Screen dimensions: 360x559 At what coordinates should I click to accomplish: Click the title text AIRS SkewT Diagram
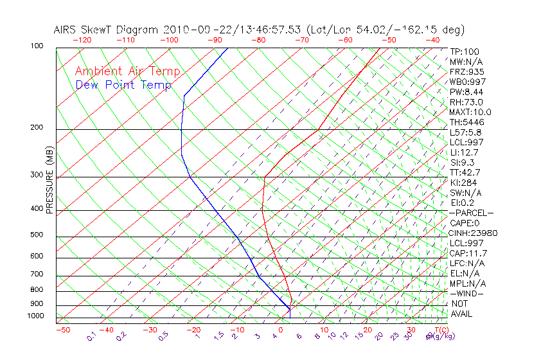click(x=106, y=30)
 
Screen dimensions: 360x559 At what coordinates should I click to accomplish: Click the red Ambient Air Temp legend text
click(x=127, y=71)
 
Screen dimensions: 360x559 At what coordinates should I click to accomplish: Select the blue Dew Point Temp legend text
click(x=123, y=85)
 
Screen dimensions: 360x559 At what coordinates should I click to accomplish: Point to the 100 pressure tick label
click(x=37, y=46)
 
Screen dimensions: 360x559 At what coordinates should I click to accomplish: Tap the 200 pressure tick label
click(x=37, y=128)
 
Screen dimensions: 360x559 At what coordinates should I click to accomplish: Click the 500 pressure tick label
click(x=37, y=235)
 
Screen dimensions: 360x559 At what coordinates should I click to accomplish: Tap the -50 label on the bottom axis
click(x=62, y=330)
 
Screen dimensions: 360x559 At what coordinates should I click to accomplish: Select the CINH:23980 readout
click(x=473, y=233)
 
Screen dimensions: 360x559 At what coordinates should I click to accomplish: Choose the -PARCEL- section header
click(x=471, y=213)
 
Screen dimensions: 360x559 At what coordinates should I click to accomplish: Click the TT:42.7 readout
click(x=465, y=172)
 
